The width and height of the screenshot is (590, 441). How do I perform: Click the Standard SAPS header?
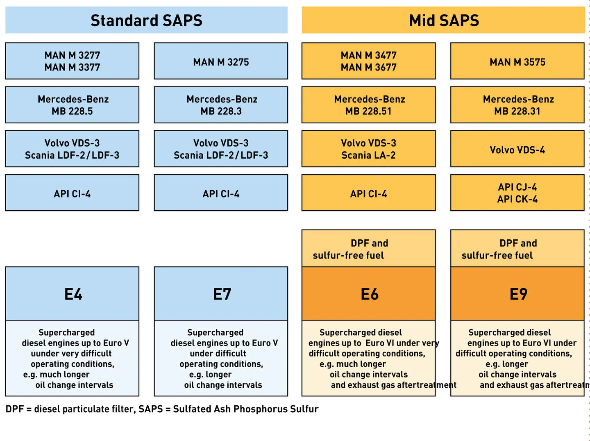pos(146,20)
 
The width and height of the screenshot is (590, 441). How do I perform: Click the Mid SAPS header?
pos(443,20)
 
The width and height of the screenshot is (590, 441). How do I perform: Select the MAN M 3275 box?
pos(221,61)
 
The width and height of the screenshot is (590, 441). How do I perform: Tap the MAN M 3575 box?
pos(517,61)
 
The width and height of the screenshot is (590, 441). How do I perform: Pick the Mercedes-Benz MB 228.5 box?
pos(72,105)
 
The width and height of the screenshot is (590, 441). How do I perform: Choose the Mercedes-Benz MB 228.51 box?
pos(368,105)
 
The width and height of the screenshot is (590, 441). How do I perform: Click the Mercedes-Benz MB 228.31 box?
pos(517,105)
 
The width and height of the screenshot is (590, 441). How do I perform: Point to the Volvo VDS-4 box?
pos(517,149)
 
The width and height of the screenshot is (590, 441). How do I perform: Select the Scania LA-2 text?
pos(368,155)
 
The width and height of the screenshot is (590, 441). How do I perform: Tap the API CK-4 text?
pos(517,199)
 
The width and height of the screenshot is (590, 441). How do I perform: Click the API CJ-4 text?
pos(517,187)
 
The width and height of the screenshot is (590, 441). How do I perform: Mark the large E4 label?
pos(73,293)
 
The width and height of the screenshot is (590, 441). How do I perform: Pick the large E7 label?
pos(222,293)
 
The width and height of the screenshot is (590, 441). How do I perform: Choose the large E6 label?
pos(369,293)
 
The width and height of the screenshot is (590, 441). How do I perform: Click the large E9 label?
pos(518,293)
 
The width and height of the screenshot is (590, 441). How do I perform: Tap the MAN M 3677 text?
pos(368,67)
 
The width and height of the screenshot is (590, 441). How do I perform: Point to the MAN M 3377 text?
pos(72,67)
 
